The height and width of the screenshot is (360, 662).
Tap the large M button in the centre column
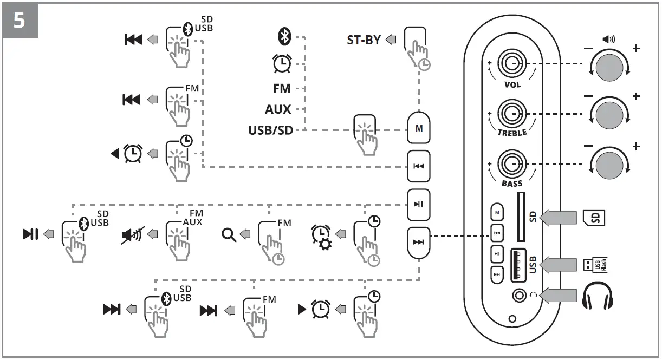(x=418, y=128)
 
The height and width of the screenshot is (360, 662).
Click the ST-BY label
(x=364, y=40)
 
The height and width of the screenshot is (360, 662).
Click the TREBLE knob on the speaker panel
(x=511, y=114)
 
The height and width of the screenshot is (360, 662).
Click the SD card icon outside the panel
(x=594, y=217)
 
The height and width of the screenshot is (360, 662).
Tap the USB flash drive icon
(x=594, y=264)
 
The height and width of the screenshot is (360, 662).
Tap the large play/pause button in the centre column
(x=418, y=204)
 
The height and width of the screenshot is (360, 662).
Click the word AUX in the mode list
(x=278, y=109)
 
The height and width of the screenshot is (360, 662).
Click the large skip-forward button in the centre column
(x=418, y=242)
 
